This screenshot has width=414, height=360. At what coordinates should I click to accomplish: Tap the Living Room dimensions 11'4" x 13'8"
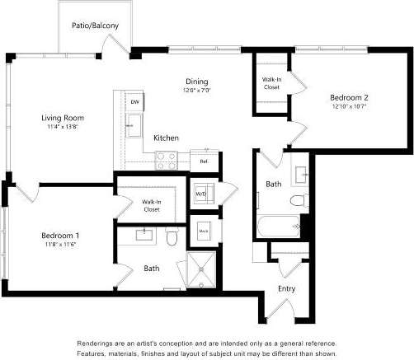click(x=63, y=128)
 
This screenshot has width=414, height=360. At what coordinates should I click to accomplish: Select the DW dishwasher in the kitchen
click(x=134, y=101)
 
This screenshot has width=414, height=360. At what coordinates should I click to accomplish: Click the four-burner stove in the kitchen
click(x=167, y=160)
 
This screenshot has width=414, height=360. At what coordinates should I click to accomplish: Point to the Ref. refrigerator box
click(x=204, y=161)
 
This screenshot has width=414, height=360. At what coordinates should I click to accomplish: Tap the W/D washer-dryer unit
click(x=201, y=194)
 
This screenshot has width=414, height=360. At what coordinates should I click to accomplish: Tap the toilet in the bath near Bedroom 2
click(x=298, y=201)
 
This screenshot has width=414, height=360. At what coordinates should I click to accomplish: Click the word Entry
click(x=286, y=288)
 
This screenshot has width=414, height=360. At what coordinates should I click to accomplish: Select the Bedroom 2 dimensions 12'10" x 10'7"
click(x=350, y=106)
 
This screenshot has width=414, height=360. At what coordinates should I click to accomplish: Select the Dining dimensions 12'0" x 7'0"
click(x=196, y=91)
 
